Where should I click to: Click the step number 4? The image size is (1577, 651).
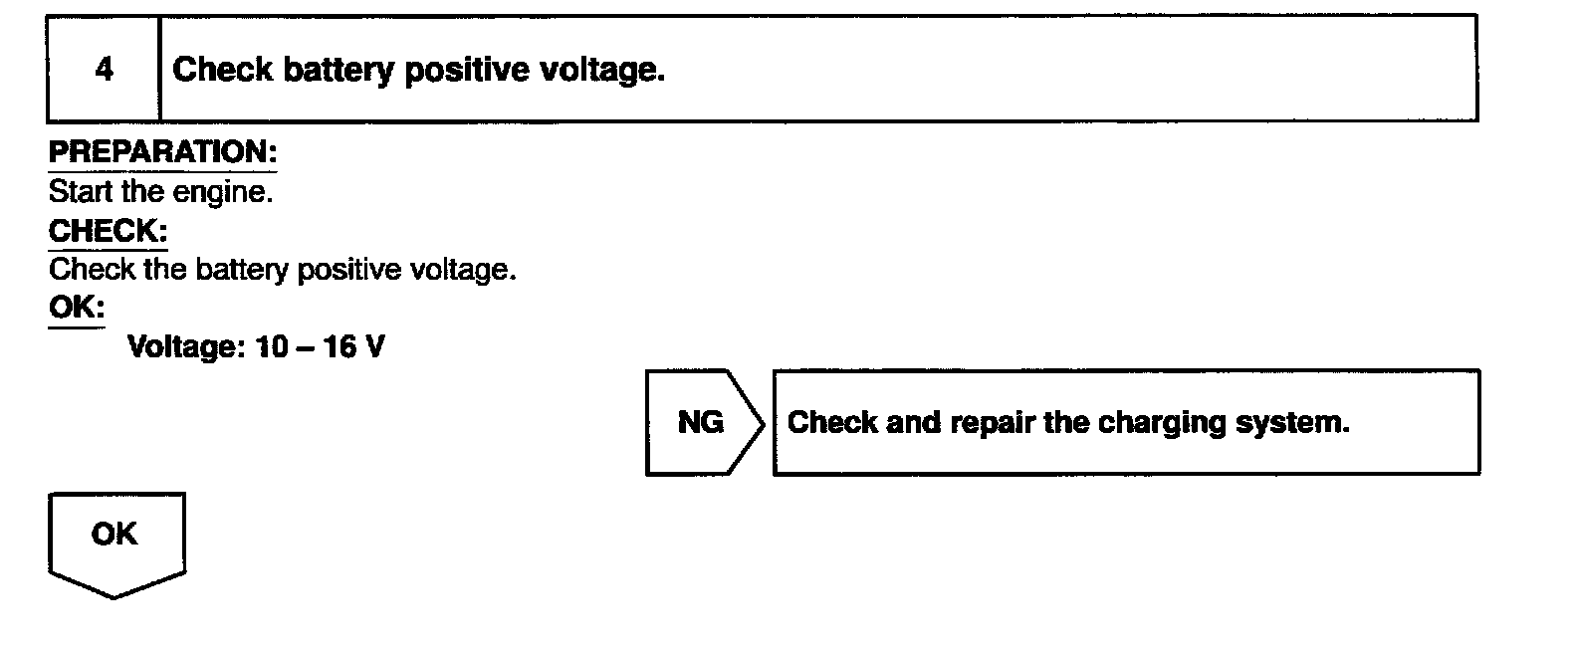104,70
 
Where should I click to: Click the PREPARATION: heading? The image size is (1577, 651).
162,152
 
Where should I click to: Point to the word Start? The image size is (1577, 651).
81,191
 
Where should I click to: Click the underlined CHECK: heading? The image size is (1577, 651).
108,231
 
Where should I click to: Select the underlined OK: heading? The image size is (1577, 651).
76,308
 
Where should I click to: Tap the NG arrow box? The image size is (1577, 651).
702,422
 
